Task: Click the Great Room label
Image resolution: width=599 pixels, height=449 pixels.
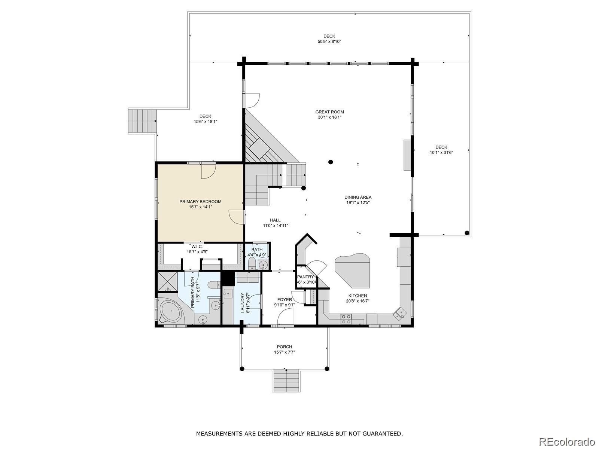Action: click(x=329, y=112)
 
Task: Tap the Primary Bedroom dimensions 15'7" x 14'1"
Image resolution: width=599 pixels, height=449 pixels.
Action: click(x=200, y=207)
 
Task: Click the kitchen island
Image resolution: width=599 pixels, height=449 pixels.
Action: click(x=352, y=270)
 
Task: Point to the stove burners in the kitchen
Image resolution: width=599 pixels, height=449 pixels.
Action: click(x=346, y=319)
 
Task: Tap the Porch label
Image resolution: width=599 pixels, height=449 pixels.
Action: click(x=284, y=347)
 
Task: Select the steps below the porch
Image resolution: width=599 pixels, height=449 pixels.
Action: click(x=286, y=380)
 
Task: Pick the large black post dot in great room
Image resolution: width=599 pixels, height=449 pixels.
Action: click(x=331, y=162)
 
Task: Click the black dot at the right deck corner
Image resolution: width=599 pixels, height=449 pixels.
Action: click(x=467, y=233)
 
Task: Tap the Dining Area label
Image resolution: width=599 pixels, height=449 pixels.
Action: click(x=358, y=197)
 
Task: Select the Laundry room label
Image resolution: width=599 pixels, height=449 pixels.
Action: click(x=243, y=303)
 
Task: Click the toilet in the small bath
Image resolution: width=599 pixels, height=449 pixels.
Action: click(x=252, y=263)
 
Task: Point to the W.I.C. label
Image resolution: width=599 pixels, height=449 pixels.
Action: click(x=197, y=247)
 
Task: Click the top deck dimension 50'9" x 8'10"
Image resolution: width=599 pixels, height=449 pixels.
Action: click(x=329, y=42)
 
